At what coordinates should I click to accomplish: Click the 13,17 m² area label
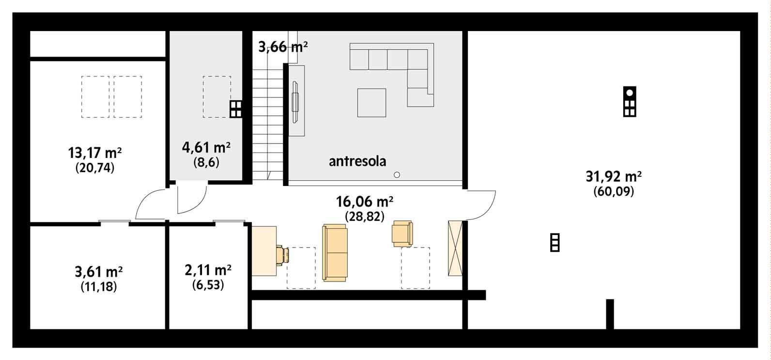coord(95,154)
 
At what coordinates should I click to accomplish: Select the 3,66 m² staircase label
coord(283,47)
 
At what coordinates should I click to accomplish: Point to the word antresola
coord(357,161)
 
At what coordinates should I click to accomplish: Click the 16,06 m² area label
coord(364,201)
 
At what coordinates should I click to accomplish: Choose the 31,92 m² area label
coord(614,176)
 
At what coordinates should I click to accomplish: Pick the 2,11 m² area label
coord(208,269)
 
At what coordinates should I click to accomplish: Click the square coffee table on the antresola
coord(371,103)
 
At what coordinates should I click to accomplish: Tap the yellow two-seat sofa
coord(335,252)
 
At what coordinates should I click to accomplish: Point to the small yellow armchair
coord(402,233)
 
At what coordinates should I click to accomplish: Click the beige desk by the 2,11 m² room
coord(264,251)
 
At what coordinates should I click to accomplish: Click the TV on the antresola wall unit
coord(295,102)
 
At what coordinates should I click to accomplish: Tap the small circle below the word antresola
coord(397,174)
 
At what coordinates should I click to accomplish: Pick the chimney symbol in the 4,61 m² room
coord(235,110)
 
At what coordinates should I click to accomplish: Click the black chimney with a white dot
coord(629,101)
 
